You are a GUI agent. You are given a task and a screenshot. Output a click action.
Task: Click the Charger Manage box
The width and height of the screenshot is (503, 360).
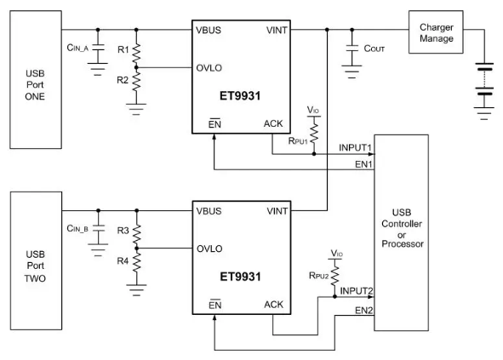(x=436, y=32)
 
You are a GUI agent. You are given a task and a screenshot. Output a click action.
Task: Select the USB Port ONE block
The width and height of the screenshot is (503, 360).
(x=36, y=79)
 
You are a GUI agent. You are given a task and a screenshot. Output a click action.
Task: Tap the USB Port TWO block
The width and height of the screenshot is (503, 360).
(x=36, y=260)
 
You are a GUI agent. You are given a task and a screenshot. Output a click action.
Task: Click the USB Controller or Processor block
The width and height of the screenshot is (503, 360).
(x=402, y=232)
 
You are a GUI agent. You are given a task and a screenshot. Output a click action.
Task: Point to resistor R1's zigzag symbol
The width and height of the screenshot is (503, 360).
(x=136, y=54)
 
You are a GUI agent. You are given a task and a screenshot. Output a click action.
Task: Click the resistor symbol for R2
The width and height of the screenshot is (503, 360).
(x=136, y=81)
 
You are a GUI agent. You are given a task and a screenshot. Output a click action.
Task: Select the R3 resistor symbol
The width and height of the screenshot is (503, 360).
(x=137, y=235)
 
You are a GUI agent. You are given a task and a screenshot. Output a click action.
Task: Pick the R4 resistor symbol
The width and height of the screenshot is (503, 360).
(x=137, y=262)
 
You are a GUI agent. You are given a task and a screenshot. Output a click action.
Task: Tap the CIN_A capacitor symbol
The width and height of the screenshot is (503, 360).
(x=98, y=47)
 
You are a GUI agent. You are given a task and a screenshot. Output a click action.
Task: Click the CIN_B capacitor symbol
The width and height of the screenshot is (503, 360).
(x=98, y=228)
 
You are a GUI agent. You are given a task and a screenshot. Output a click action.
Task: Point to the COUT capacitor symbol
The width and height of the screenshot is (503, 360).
(x=352, y=49)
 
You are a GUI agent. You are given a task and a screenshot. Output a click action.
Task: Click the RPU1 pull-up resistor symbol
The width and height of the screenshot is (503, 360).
(x=314, y=134)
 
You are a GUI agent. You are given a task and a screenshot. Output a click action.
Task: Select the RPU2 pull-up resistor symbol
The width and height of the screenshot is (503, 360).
(x=334, y=276)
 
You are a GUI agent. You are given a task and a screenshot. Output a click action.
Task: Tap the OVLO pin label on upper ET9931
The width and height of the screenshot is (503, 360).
(x=209, y=68)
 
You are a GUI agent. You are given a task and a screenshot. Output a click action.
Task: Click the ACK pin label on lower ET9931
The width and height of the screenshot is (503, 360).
(x=274, y=305)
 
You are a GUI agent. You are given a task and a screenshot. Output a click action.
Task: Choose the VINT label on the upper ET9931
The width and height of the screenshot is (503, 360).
(x=277, y=31)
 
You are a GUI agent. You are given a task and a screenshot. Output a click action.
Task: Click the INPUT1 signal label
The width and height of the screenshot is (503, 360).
(x=355, y=148)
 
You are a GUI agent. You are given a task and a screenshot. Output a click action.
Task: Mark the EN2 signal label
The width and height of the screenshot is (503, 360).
(x=363, y=311)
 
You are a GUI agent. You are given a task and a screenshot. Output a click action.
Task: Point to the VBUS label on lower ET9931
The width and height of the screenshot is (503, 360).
(x=209, y=211)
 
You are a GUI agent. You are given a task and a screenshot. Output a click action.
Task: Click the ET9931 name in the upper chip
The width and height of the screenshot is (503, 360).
(x=240, y=96)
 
